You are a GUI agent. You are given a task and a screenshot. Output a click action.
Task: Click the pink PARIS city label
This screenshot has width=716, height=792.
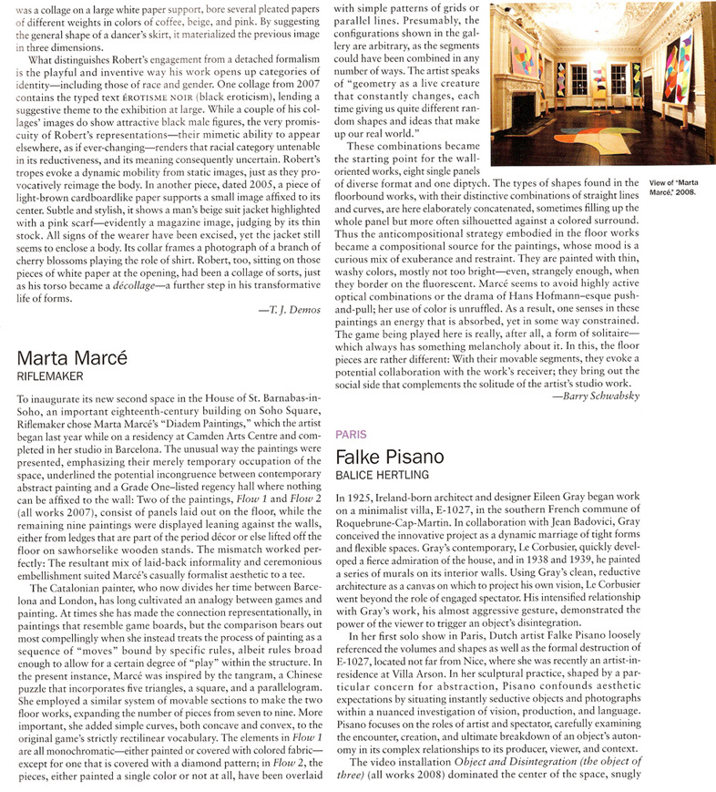(x=352, y=435)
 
